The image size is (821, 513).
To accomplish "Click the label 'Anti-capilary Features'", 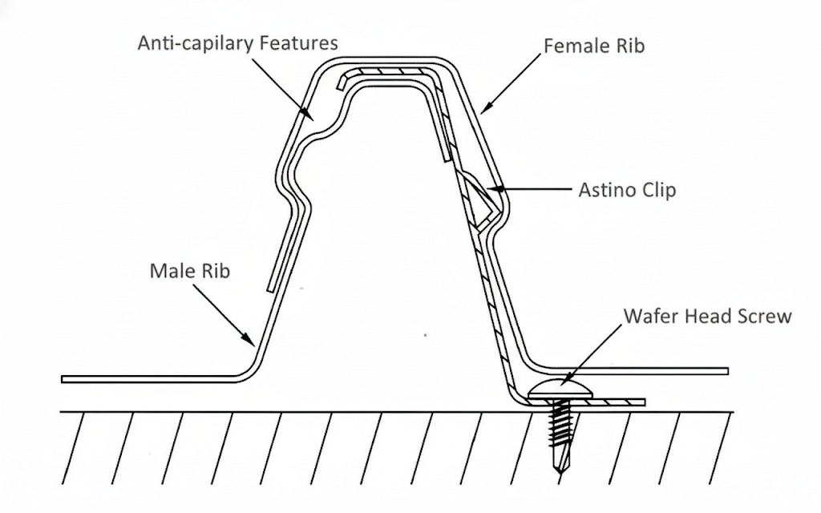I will point(237,42).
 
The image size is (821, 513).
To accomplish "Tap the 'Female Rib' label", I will point(594,46).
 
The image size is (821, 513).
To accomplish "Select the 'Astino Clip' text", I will point(627,191).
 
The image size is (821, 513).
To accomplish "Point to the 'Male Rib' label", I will point(189,271).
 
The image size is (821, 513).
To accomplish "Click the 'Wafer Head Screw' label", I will point(707,316).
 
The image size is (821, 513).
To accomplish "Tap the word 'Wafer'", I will point(649,316).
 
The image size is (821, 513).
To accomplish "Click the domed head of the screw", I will point(561,391).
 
